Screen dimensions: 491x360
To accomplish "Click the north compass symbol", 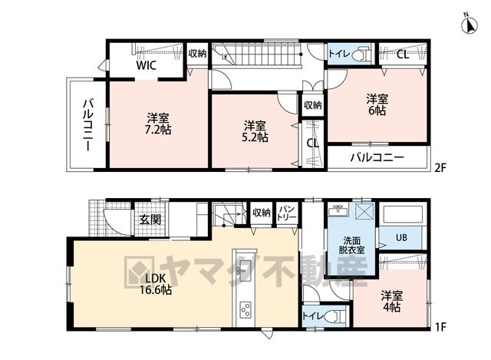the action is (x=469, y=24).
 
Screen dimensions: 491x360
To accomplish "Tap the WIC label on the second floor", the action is (x=146, y=65).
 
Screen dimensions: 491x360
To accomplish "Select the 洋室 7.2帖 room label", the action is (x=158, y=124).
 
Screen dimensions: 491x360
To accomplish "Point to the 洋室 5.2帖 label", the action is (x=255, y=131).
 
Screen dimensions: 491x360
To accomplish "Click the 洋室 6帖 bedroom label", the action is (x=377, y=104).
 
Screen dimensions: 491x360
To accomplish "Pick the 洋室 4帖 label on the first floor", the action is (x=392, y=302).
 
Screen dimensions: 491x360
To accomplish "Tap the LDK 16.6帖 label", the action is (x=155, y=284).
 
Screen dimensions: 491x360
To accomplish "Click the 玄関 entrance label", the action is (x=150, y=220).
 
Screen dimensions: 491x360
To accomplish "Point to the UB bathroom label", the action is (x=401, y=237).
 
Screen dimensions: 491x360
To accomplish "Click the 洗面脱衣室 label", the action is (x=351, y=246).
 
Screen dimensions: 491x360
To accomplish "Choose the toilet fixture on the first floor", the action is (x=338, y=315).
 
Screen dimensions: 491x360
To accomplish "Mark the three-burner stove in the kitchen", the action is (x=245, y=310).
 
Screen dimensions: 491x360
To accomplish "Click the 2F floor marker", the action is (x=440, y=168).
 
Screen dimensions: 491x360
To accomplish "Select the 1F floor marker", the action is (x=440, y=328).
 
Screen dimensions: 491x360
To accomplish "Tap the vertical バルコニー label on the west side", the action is (x=88, y=125).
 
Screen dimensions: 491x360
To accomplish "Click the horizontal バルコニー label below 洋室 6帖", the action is (x=377, y=157).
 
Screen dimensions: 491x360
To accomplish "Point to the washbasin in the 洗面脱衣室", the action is (x=338, y=210).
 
